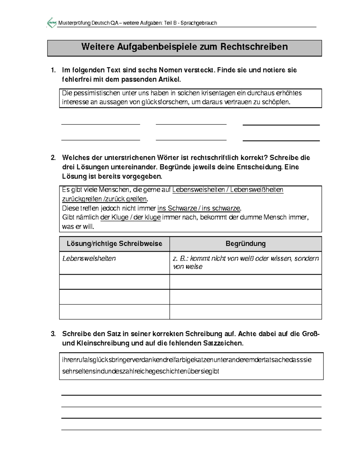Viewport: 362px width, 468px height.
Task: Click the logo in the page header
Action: coord(52,23)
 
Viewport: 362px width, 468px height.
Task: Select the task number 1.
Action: coord(53,70)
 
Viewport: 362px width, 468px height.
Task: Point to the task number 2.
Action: coord(53,158)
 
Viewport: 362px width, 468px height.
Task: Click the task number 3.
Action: coord(53,334)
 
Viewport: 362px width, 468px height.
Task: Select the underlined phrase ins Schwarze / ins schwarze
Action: coord(199,208)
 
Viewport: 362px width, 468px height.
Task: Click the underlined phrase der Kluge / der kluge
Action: coord(130,217)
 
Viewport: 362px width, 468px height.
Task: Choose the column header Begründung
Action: coord(245,244)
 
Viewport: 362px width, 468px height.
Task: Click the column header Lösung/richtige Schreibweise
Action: coord(114,244)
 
